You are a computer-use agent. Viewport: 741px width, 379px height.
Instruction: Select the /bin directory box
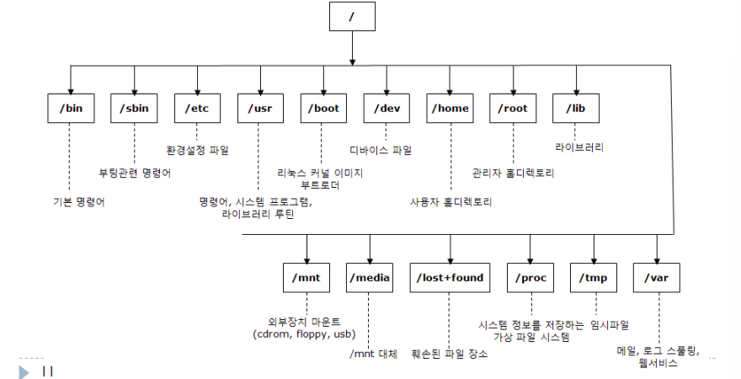coord(71,109)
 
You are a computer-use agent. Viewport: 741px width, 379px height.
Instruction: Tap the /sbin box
coord(134,109)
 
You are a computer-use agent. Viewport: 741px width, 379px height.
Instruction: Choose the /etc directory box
coord(196,109)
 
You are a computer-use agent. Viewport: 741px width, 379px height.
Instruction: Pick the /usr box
coord(259,109)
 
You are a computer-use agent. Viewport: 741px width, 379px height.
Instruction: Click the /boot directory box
coord(323,109)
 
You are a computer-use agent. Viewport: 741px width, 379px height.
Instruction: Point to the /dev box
coord(386,109)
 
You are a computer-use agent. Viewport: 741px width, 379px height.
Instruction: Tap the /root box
coord(513,109)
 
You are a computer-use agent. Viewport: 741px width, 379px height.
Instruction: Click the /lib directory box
coord(577,109)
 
